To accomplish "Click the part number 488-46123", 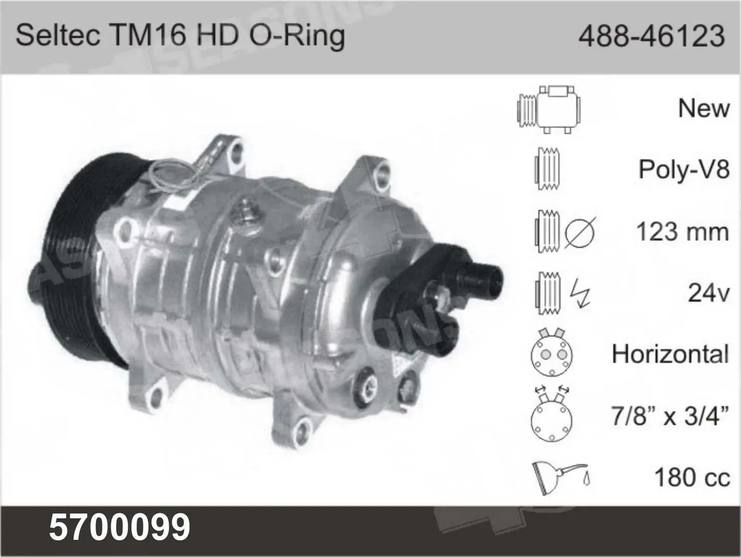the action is (652, 36).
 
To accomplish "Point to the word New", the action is (704, 108).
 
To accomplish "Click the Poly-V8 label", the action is (684, 169).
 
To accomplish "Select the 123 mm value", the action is (683, 232).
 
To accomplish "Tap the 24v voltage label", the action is (708, 293).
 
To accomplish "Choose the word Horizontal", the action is (670, 354).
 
